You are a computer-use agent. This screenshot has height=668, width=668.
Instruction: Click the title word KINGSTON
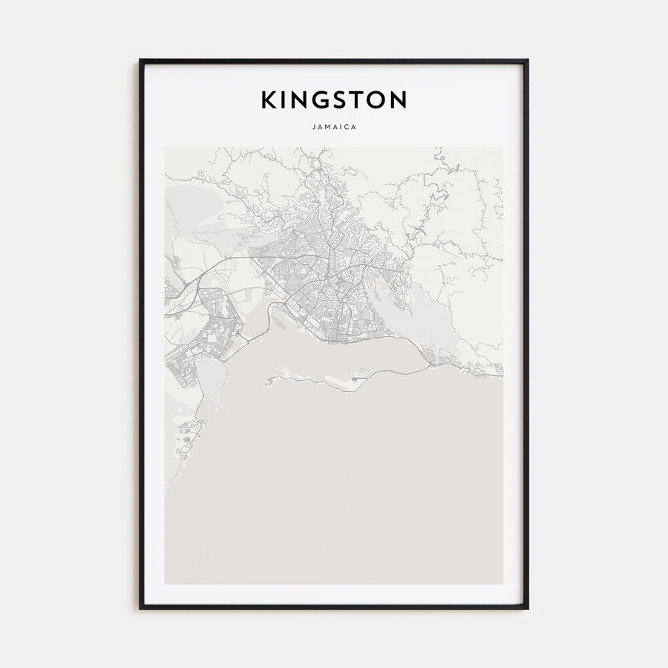[x=334, y=99]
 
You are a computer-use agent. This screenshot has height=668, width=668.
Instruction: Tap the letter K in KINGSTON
[x=267, y=99]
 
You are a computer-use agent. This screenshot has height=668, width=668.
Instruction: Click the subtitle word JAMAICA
[x=334, y=127]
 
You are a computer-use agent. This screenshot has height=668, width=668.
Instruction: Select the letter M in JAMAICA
[x=327, y=127]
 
